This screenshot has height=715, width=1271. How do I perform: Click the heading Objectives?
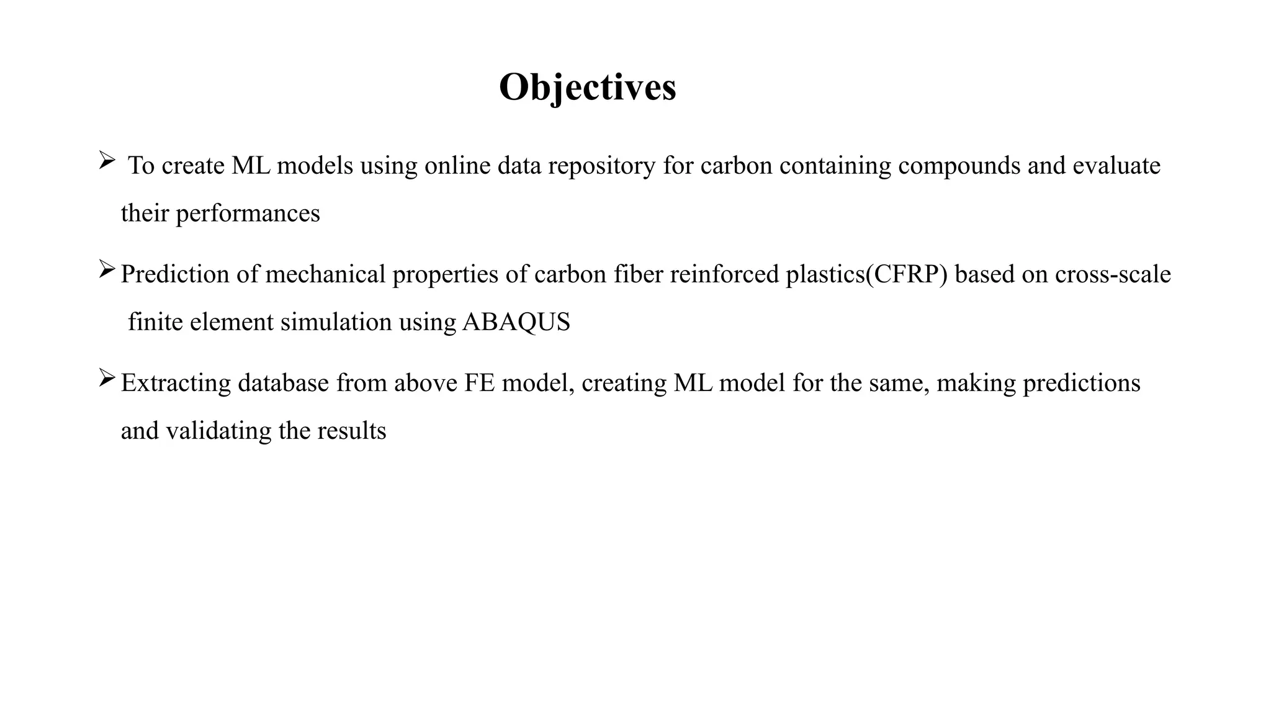point(587,88)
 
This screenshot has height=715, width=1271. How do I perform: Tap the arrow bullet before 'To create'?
point(107,161)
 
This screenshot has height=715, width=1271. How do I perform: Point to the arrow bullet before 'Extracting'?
point(107,378)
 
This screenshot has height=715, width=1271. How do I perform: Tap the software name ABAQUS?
point(516,322)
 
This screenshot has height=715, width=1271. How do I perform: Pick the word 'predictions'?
point(1082,383)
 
